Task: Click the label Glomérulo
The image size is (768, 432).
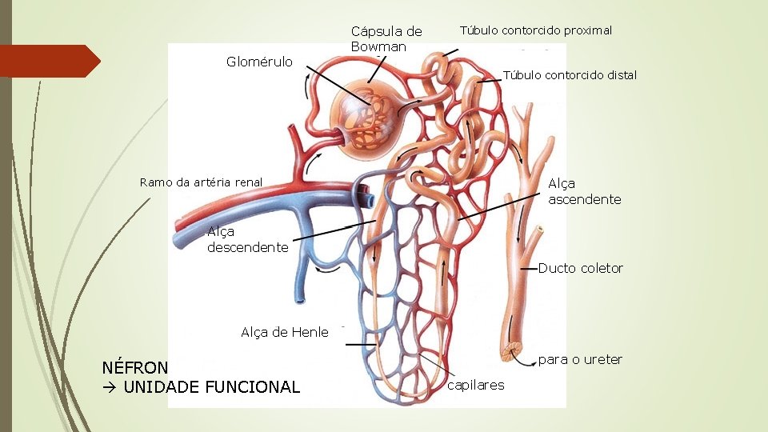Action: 259,62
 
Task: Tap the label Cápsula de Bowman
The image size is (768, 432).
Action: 386,38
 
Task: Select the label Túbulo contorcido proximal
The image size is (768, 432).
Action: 535,30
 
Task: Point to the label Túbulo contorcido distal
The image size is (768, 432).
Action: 570,75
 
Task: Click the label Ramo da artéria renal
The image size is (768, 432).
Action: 201,182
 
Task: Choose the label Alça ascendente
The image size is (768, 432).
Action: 584,192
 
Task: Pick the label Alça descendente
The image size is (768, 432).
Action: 247,239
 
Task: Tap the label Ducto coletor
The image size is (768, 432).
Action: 580,268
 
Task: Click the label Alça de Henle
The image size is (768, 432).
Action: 284,333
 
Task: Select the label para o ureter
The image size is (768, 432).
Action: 580,360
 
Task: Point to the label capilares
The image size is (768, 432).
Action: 476,386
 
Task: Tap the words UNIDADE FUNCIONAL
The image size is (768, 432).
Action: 211,387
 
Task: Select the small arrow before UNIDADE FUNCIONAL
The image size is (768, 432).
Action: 110,387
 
